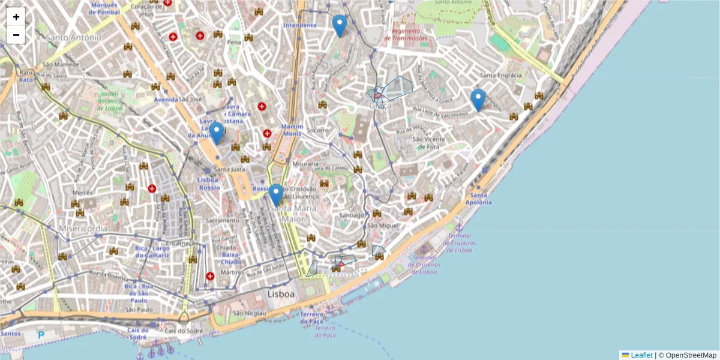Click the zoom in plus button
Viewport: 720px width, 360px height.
tap(16, 17)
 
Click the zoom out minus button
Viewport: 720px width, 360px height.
tap(16, 35)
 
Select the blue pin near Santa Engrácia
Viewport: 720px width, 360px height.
tap(478, 100)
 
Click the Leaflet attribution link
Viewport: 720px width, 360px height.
tap(641, 355)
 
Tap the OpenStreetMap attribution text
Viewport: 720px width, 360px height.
tap(691, 355)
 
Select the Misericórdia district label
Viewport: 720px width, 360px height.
tap(83, 229)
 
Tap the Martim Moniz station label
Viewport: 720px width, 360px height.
tap(293, 130)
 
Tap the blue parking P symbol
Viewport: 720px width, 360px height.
tap(41, 335)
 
